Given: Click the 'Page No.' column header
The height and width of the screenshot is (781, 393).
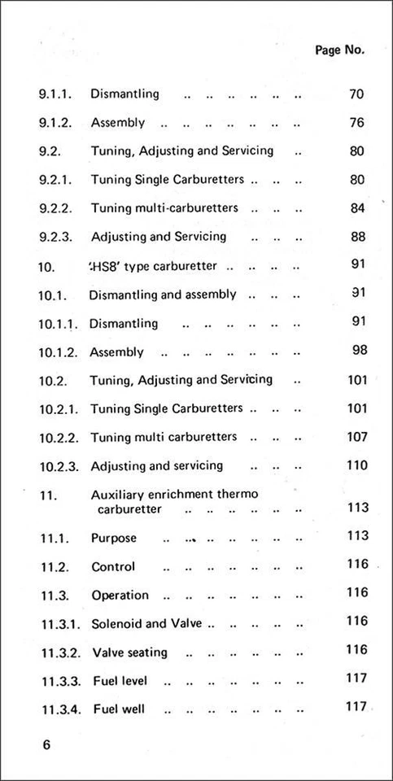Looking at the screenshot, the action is pyautogui.click(x=339, y=50).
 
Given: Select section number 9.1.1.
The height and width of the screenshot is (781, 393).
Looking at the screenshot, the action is pyautogui.click(x=56, y=94).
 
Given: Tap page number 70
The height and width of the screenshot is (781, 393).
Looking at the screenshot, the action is pyautogui.click(x=356, y=94).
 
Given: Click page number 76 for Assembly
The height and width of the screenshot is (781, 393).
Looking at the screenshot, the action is pyautogui.click(x=356, y=123).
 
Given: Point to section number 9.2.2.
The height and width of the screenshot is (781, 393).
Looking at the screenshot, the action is pyautogui.click(x=56, y=208).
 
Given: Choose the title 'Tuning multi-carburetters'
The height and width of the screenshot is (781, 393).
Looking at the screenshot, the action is pyautogui.click(x=164, y=208).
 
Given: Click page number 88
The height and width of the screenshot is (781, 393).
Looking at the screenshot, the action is pyautogui.click(x=356, y=237).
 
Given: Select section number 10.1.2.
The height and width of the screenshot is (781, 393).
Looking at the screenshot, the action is pyautogui.click(x=59, y=352).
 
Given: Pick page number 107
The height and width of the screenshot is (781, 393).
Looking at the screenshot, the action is pyautogui.click(x=357, y=437).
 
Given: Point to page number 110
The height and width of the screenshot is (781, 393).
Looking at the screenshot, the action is pyautogui.click(x=357, y=465).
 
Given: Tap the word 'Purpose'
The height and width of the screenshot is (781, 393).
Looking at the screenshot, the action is pyautogui.click(x=114, y=539).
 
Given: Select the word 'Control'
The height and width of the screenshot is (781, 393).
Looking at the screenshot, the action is pyautogui.click(x=113, y=567).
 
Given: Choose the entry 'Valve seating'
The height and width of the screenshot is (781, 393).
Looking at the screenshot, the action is pyautogui.click(x=130, y=652).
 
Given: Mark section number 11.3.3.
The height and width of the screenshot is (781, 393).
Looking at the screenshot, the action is pyautogui.click(x=59, y=681).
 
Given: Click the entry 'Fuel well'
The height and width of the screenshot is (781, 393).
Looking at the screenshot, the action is pyautogui.click(x=119, y=709).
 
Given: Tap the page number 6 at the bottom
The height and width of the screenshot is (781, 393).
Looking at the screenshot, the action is pyautogui.click(x=46, y=747).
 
